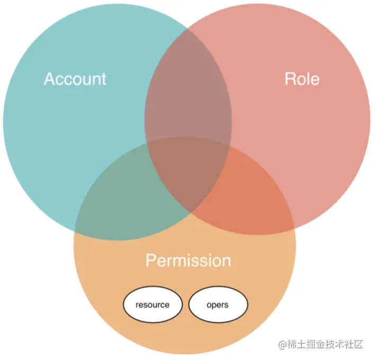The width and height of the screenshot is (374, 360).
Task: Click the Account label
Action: point(75,79)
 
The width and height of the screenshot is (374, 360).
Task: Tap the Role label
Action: point(302,79)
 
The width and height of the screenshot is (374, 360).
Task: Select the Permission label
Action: point(188,260)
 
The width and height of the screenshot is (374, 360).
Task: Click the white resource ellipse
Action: point(153,305)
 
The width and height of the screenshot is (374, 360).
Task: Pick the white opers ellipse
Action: point(218,305)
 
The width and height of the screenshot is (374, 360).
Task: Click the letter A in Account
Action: point(49,79)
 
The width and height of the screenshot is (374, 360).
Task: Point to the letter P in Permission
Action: point(150,260)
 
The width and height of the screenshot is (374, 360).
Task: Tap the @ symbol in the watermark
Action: point(282,345)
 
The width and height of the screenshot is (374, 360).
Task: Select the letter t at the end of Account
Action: point(104,79)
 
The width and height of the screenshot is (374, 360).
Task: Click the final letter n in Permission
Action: point(226,261)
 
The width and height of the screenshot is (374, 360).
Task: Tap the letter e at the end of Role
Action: point(315,79)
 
